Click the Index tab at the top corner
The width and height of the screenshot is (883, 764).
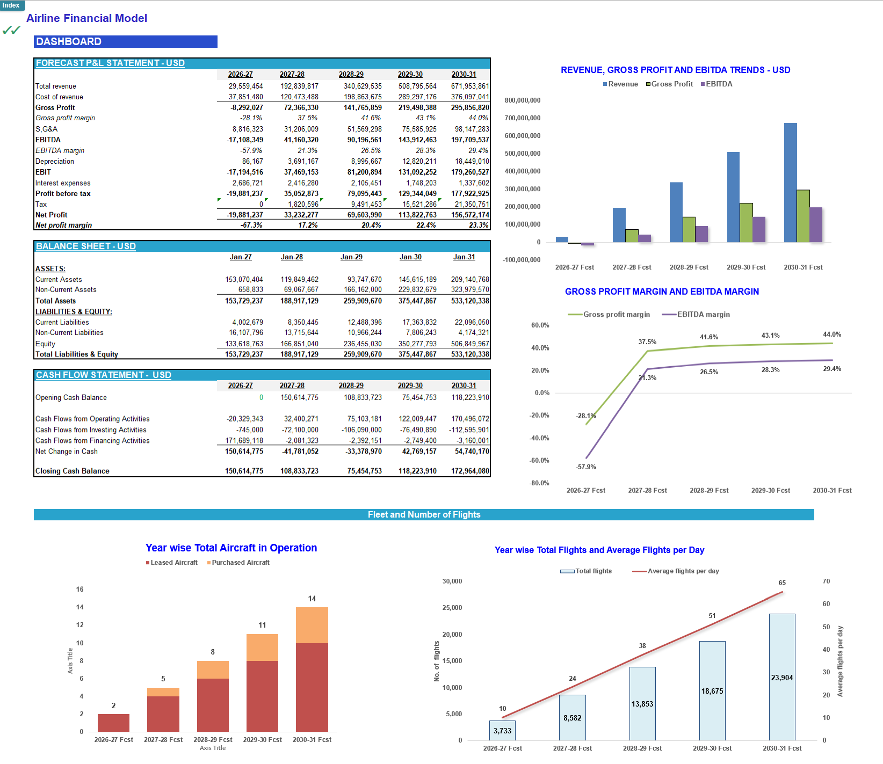[11, 5]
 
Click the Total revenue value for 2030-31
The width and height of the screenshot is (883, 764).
[470, 86]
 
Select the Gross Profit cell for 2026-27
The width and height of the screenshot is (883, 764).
[247, 107]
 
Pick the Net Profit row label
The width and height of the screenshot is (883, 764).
[52, 215]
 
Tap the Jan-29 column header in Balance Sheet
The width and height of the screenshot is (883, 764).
[351, 257]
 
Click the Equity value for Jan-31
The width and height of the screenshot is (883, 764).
[470, 344]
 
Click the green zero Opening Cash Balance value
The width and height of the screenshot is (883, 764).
[261, 397]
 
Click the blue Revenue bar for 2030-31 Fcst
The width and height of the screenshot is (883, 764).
[790, 183]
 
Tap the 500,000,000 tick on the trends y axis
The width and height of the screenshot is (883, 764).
[522, 154]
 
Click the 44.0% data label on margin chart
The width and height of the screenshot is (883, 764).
[832, 334]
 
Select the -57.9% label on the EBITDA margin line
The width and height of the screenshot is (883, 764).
[586, 467]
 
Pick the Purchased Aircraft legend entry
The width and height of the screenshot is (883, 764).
[240, 563]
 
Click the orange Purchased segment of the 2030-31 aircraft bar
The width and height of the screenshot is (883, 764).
[312, 625]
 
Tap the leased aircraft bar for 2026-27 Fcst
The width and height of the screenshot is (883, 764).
[113, 723]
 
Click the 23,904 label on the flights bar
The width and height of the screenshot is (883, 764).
[782, 678]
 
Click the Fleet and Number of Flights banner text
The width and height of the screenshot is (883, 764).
[424, 514]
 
